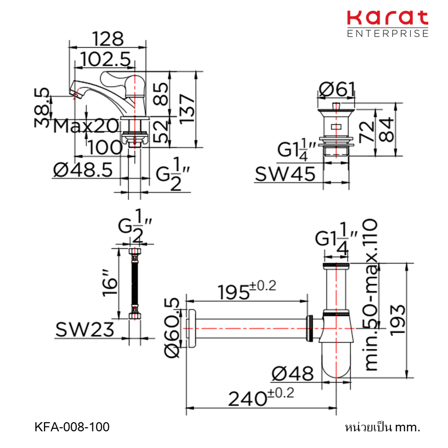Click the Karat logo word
[x=387, y=18]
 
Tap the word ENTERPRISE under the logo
[x=388, y=33]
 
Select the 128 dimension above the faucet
[x=108, y=39]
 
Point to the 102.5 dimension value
[x=105, y=60]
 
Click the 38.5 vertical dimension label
[x=42, y=107]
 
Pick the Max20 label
[x=86, y=126]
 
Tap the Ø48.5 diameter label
[x=83, y=170]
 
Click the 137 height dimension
[x=187, y=109]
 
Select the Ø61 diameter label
[x=337, y=89]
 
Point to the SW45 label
[x=285, y=174]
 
